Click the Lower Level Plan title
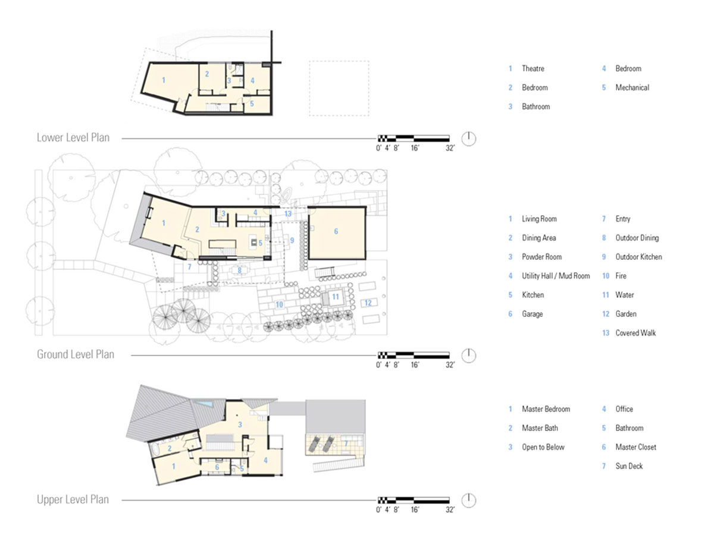[x=73, y=138]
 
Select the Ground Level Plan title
[x=76, y=354]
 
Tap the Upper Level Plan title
[x=73, y=499]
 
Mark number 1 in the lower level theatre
[x=164, y=80]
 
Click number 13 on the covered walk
[x=288, y=214]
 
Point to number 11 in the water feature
[x=336, y=296]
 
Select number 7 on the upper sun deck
[x=346, y=443]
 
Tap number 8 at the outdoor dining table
[x=239, y=270]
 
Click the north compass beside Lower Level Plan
[x=469, y=139]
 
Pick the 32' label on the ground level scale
[x=450, y=365]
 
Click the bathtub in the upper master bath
[x=155, y=451]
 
